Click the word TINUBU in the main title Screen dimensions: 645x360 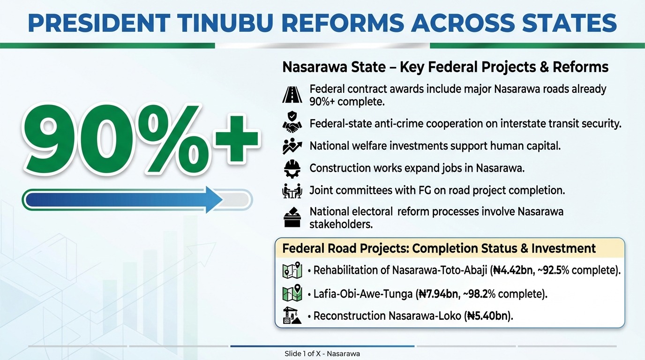225,23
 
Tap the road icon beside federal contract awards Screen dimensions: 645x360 292,95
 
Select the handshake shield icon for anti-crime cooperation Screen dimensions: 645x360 292,123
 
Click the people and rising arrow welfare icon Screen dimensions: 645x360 292,146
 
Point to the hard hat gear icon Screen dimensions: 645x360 292,169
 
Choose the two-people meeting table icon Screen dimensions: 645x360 292,191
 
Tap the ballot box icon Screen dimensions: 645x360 292,217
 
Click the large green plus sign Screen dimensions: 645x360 237,140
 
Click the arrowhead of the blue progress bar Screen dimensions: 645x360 214,200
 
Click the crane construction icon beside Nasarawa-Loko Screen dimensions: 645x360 292,315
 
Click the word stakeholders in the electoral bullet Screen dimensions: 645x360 341,225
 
